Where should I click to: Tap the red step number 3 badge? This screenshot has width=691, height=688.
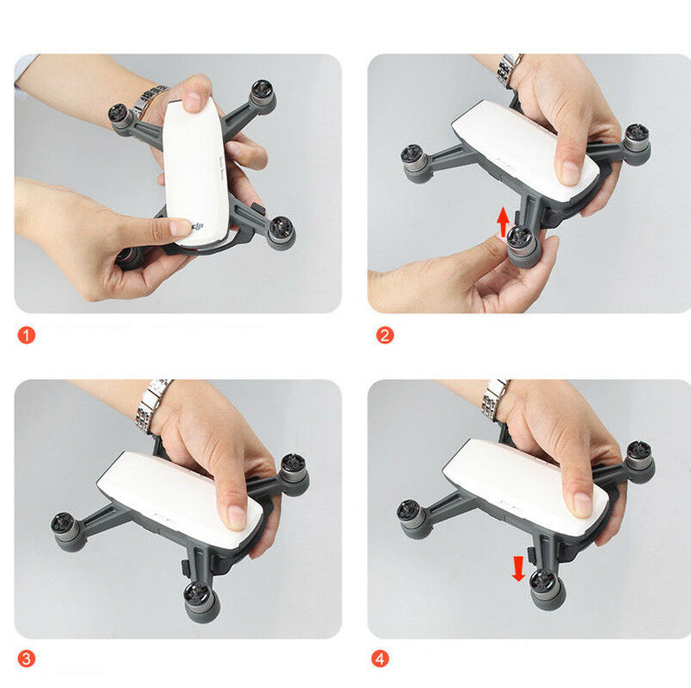click(x=27, y=659)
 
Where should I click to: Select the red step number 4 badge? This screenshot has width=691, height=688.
click(x=380, y=659)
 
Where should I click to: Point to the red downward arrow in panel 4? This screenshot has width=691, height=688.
click(x=518, y=568)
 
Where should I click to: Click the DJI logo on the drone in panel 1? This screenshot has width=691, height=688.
click(x=200, y=227)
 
